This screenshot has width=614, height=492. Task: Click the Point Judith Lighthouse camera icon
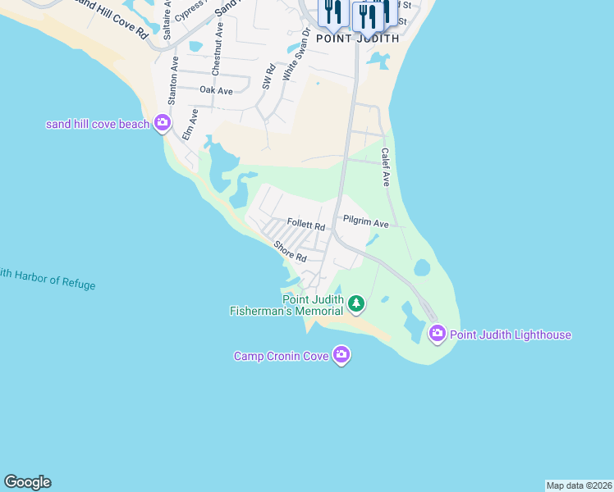pos(437,333)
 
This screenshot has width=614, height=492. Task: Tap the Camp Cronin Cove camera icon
pos(341,355)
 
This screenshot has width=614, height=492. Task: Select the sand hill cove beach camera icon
pos(162,123)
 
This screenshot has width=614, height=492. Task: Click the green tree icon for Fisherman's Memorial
pos(355,304)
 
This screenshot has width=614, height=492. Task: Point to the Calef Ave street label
pos(383,167)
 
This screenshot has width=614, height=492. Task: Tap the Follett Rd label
pos(306,225)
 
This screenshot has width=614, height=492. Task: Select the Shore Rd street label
pos(291,251)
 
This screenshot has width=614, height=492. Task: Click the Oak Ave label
pos(216,90)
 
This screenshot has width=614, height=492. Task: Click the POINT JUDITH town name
pos(358,38)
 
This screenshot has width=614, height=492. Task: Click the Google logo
pos(27,482)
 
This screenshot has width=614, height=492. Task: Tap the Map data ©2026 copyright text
pos(579,485)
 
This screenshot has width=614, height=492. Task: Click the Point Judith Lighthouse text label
pos(510,335)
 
